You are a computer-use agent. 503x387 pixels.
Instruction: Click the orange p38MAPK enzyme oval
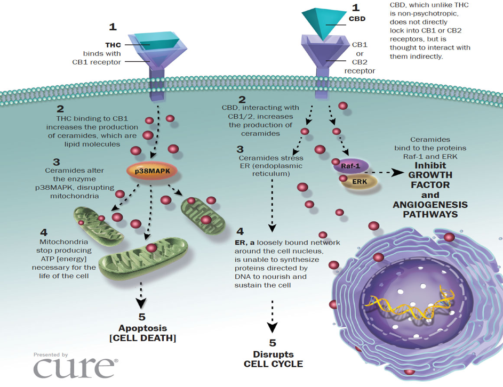(152, 171)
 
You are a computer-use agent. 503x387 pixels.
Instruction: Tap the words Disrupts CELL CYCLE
(273, 359)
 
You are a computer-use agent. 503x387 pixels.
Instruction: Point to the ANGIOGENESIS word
(430, 205)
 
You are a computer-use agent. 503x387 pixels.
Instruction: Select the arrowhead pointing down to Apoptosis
(141, 303)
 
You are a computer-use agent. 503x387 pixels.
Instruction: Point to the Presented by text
(51, 354)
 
